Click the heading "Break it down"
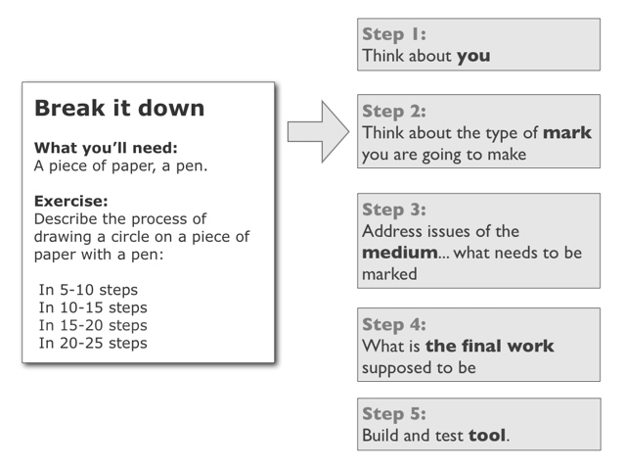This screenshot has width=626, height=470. (x=119, y=108)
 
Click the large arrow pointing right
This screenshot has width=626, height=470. (x=319, y=131)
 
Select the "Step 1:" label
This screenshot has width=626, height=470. (x=394, y=34)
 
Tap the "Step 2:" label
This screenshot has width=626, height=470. (x=394, y=112)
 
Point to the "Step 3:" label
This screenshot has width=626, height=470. (x=394, y=210)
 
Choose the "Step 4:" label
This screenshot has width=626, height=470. (x=394, y=324)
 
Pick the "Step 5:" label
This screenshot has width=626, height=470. (x=394, y=414)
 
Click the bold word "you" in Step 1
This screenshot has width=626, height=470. (x=473, y=57)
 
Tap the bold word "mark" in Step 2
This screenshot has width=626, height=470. (x=567, y=133)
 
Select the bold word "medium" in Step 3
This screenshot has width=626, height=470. (x=400, y=253)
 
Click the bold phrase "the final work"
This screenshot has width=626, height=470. (x=489, y=346)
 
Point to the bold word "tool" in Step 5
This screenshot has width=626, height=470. (x=487, y=435)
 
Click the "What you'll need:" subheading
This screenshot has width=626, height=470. (x=106, y=148)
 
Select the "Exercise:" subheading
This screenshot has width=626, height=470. (x=71, y=201)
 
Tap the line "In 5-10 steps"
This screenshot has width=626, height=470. (x=88, y=290)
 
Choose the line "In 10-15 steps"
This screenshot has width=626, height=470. (x=93, y=307)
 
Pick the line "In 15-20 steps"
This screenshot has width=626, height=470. (x=93, y=325)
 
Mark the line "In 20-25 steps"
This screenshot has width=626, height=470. (x=93, y=343)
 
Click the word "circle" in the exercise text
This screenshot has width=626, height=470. (x=130, y=237)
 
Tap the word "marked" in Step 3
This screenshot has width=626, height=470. (x=389, y=274)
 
